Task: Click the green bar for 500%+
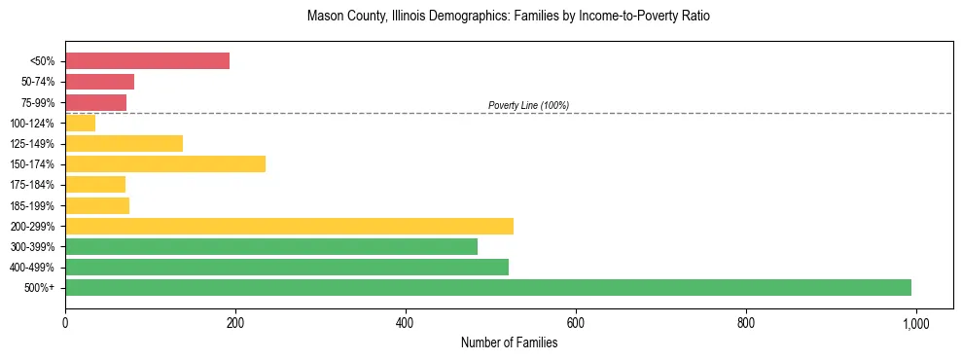488,287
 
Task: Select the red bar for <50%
147,61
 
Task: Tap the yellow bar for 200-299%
289,226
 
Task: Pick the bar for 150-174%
165,164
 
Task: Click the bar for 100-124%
80,123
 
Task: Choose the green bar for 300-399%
271,246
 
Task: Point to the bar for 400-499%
287,267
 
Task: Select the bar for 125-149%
124,143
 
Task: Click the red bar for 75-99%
95,102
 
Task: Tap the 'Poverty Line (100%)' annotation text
528,105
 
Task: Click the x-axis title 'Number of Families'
509,342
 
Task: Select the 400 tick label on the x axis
406,323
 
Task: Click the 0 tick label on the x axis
65,323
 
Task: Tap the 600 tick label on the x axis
576,323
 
